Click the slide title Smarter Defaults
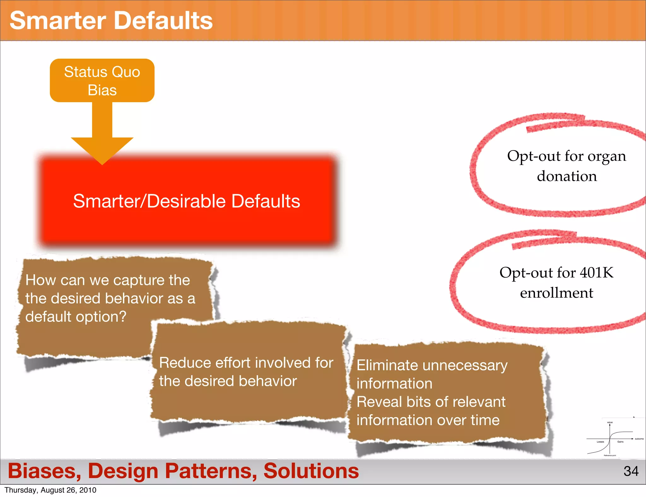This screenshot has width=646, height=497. pyautogui.click(x=111, y=20)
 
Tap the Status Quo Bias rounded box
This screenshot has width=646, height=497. pyautogui.click(x=102, y=80)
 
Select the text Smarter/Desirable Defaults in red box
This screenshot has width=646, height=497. pyautogui.click(x=186, y=201)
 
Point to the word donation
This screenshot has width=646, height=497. pyautogui.click(x=567, y=176)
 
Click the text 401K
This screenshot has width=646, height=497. pyautogui.click(x=596, y=272)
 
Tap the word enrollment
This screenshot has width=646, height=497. pyautogui.click(x=556, y=293)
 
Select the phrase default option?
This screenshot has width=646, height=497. pyautogui.click(x=76, y=317)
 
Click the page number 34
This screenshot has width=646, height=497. pyautogui.click(x=631, y=471)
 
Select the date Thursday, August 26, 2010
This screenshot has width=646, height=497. pyautogui.click(x=50, y=490)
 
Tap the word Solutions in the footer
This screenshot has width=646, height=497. pyautogui.click(x=311, y=471)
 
